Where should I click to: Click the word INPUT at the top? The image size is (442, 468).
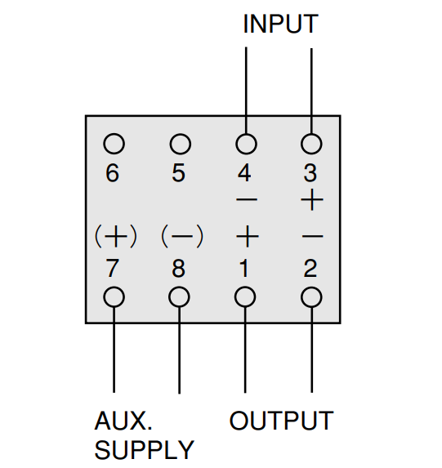tap(281, 24)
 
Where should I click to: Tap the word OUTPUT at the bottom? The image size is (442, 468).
tap(281, 421)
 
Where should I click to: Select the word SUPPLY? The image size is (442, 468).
tap(145, 450)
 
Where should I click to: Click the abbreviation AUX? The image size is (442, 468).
tap(123, 421)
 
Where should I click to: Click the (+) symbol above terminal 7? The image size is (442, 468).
tap(116, 237)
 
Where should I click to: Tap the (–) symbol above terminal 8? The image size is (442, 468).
tap(182, 237)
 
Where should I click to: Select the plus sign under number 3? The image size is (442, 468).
tap(312, 199)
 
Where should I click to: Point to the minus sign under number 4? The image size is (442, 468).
tap(247, 199)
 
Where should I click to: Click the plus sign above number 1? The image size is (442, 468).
tap(248, 237)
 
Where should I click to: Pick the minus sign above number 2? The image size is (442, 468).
tap(312, 237)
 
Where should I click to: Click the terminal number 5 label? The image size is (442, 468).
tap(178, 172)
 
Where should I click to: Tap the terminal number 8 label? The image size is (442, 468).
tap(178, 268)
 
